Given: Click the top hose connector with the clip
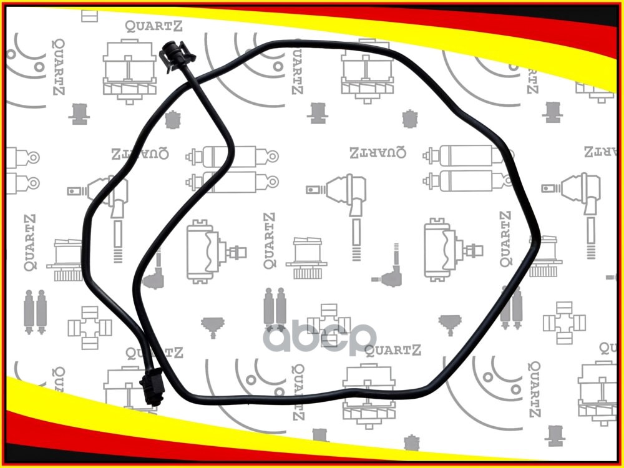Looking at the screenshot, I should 175,56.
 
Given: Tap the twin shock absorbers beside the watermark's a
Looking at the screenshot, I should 274,309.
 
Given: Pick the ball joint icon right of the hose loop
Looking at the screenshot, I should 578,194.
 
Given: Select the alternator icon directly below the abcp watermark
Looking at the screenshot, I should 368,391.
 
